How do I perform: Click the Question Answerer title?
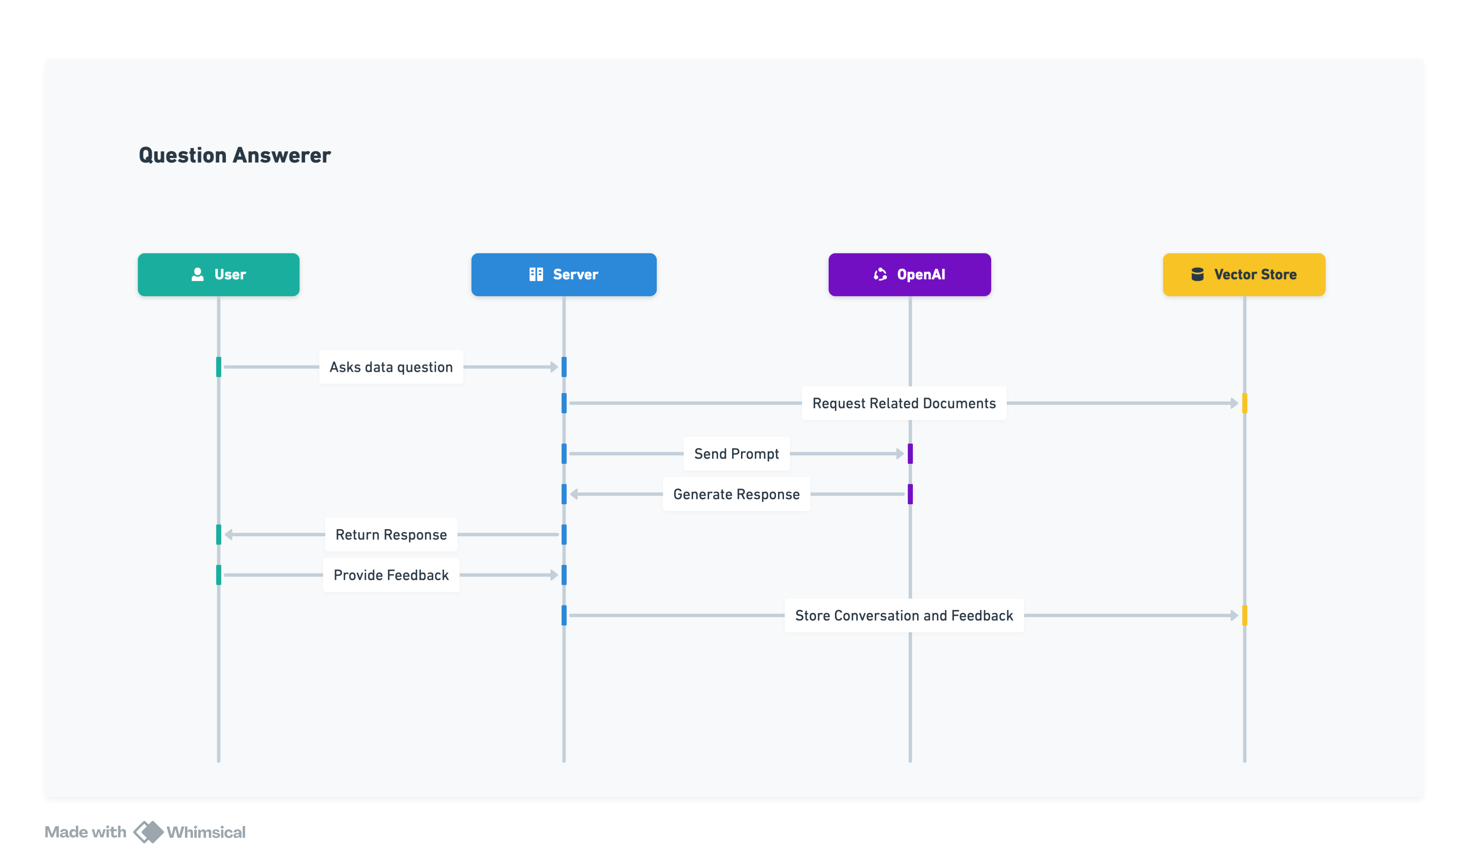pos(235,155)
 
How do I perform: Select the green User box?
pos(218,274)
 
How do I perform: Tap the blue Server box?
pos(564,274)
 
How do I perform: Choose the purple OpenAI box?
pos(909,274)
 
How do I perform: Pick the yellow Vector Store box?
pos(1244,274)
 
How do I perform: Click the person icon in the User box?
pos(198,274)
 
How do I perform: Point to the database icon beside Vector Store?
pos(1197,274)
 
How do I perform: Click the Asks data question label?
pos(391,367)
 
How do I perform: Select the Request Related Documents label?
pos(904,403)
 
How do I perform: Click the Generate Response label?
pos(736,494)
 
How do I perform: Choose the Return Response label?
pos(391,535)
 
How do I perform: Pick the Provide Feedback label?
pos(391,575)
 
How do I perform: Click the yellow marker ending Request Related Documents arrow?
pos(1244,403)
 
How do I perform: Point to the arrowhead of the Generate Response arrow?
pos(574,494)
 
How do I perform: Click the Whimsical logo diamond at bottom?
pos(148,831)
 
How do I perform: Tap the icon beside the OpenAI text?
pos(880,274)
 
